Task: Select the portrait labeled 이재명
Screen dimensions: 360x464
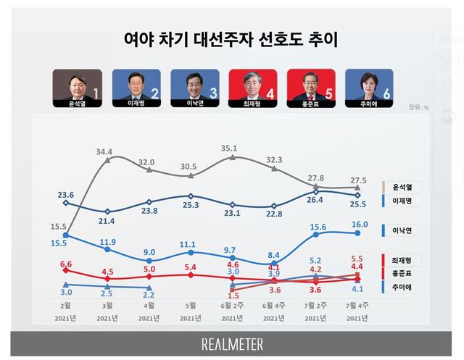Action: [136, 88]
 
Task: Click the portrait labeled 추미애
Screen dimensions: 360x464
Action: [369, 88]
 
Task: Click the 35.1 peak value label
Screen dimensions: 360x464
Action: [230, 148]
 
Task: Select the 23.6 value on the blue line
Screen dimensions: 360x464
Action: [66, 194]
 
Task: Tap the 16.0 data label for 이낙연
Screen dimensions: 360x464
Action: [358, 225]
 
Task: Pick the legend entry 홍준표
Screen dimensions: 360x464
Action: [412, 274]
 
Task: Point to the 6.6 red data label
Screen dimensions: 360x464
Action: [66, 264]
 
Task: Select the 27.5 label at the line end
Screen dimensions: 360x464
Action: [358, 178]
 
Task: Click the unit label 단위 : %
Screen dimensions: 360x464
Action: [418, 107]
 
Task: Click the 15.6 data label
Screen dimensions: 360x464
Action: [317, 227]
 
